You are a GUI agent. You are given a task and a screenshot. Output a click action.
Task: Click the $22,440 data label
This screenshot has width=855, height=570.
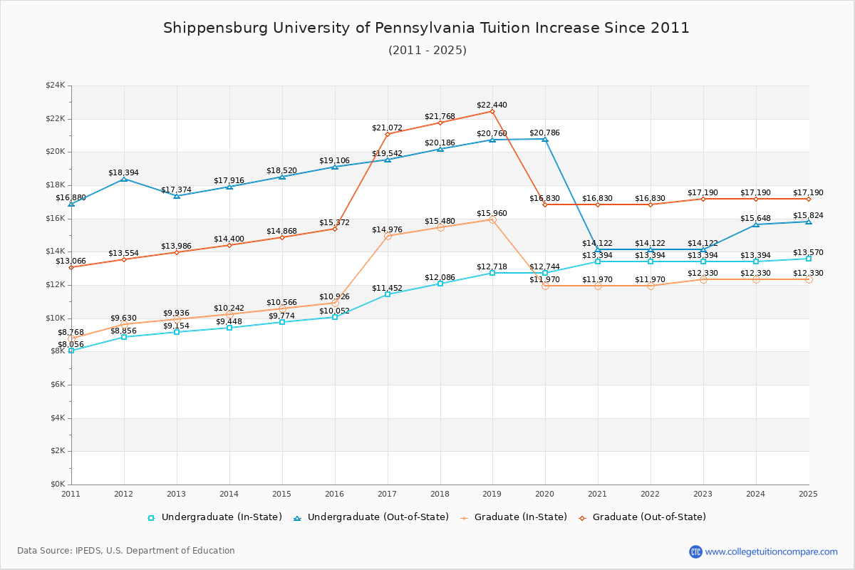click(492, 105)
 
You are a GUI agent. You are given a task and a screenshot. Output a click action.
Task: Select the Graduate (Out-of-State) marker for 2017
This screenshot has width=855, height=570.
click(388, 134)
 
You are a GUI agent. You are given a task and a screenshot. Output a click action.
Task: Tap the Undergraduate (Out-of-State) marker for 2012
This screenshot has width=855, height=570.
click(124, 179)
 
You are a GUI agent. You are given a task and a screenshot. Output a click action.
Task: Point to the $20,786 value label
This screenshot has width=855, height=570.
click(544, 133)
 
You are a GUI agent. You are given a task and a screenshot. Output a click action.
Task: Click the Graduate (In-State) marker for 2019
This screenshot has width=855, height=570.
click(492, 219)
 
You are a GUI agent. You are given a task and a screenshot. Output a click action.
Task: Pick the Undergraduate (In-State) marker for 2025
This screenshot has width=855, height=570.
click(809, 259)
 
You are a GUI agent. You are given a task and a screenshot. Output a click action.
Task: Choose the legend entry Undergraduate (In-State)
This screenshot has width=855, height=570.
click(214, 517)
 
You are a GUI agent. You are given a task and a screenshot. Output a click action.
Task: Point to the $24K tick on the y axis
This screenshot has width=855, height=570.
click(55, 85)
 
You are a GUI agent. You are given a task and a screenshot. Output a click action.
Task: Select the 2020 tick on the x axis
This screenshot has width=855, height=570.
click(545, 493)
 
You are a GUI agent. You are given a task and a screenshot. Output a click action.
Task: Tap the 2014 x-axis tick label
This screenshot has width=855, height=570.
click(229, 493)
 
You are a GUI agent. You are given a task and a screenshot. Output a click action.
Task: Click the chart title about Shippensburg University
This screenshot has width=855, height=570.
click(427, 28)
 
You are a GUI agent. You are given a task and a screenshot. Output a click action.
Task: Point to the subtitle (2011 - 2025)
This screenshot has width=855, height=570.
click(427, 50)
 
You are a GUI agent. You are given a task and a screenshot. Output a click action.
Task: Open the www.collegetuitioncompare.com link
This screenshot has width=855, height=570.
click(771, 551)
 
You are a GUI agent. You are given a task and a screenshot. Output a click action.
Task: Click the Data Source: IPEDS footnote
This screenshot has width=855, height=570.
click(126, 551)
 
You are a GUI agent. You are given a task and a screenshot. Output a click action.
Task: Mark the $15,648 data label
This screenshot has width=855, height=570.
click(755, 218)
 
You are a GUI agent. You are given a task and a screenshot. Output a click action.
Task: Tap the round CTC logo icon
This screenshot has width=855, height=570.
click(695, 551)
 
